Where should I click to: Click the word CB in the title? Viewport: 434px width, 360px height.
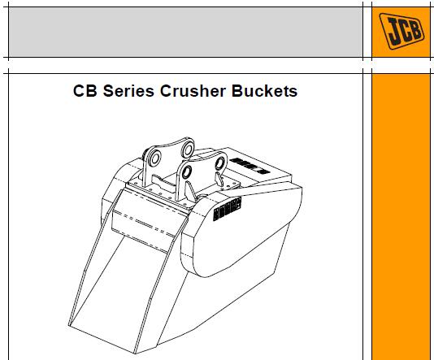click(x=85, y=91)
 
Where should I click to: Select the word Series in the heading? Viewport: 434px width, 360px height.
click(x=128, y=91)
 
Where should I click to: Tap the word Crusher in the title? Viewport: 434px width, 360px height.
click(x=193, y=91)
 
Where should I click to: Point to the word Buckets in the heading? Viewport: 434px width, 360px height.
click(x=264, y=91)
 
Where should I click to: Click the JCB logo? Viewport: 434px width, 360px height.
click(x=401, y=31)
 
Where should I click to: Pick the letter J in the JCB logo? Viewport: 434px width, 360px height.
click(x=393, y=32)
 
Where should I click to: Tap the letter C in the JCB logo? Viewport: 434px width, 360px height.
click(x=405, y=30)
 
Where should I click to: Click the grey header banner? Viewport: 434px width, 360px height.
click(x=185, y=32)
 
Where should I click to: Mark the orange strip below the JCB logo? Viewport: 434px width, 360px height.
click(x=401, y=217)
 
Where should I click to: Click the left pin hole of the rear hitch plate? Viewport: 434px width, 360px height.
click(x=154, y=158)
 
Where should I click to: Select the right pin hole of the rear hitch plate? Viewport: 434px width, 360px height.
click(x=188, y=150)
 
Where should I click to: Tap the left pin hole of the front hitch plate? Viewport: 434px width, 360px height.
click(x=186, y=172)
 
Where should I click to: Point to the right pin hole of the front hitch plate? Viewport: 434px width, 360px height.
click(x=220, y=163)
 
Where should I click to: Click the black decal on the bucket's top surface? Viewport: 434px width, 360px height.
click(x=250, y=166)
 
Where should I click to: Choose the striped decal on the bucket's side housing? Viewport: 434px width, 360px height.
click(x=228, y=209)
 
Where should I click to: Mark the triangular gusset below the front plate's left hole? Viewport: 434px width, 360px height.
click(x=190, y=192)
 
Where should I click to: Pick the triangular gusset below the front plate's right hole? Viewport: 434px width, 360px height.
click(x=219, y=180)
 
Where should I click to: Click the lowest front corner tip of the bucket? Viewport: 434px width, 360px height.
click(x=135, y=353)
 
